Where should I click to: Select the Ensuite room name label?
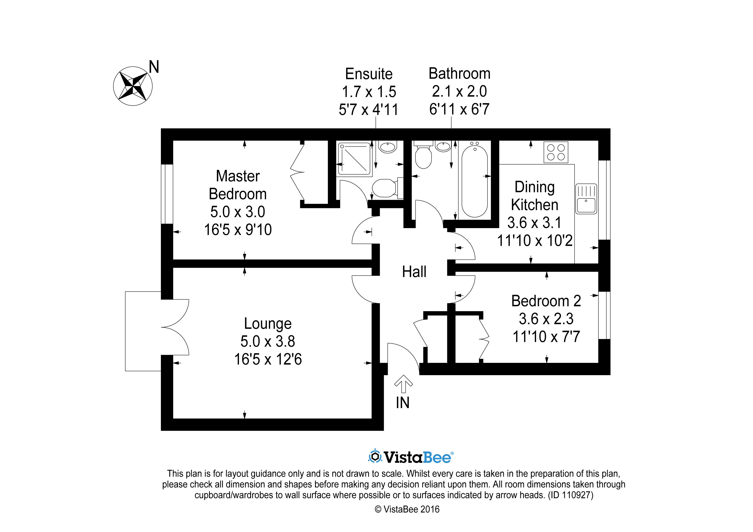[369, 74]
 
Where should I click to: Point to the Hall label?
[414, 272]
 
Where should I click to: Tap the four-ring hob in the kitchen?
[556, 152]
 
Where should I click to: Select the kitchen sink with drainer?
[586, 199]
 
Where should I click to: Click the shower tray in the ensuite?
[354, 159]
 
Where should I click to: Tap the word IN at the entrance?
[403, 403]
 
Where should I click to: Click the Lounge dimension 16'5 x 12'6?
[268, 359]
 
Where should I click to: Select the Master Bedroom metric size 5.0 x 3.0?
[238, 212]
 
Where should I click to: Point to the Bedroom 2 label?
[546, 301]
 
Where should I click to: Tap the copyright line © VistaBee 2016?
[407, 509]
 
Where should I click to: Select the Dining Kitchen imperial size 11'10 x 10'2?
[535, 241]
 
